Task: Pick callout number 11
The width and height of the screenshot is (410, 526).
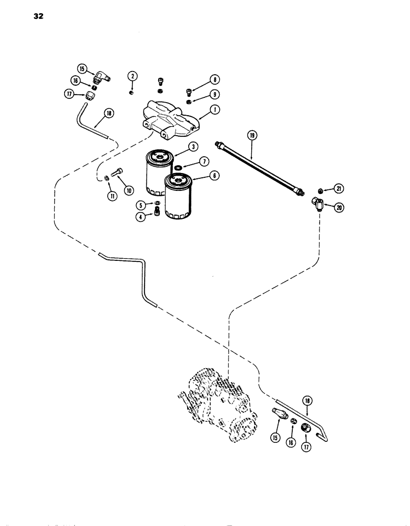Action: pyautogui.click(x=111, y=196)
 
